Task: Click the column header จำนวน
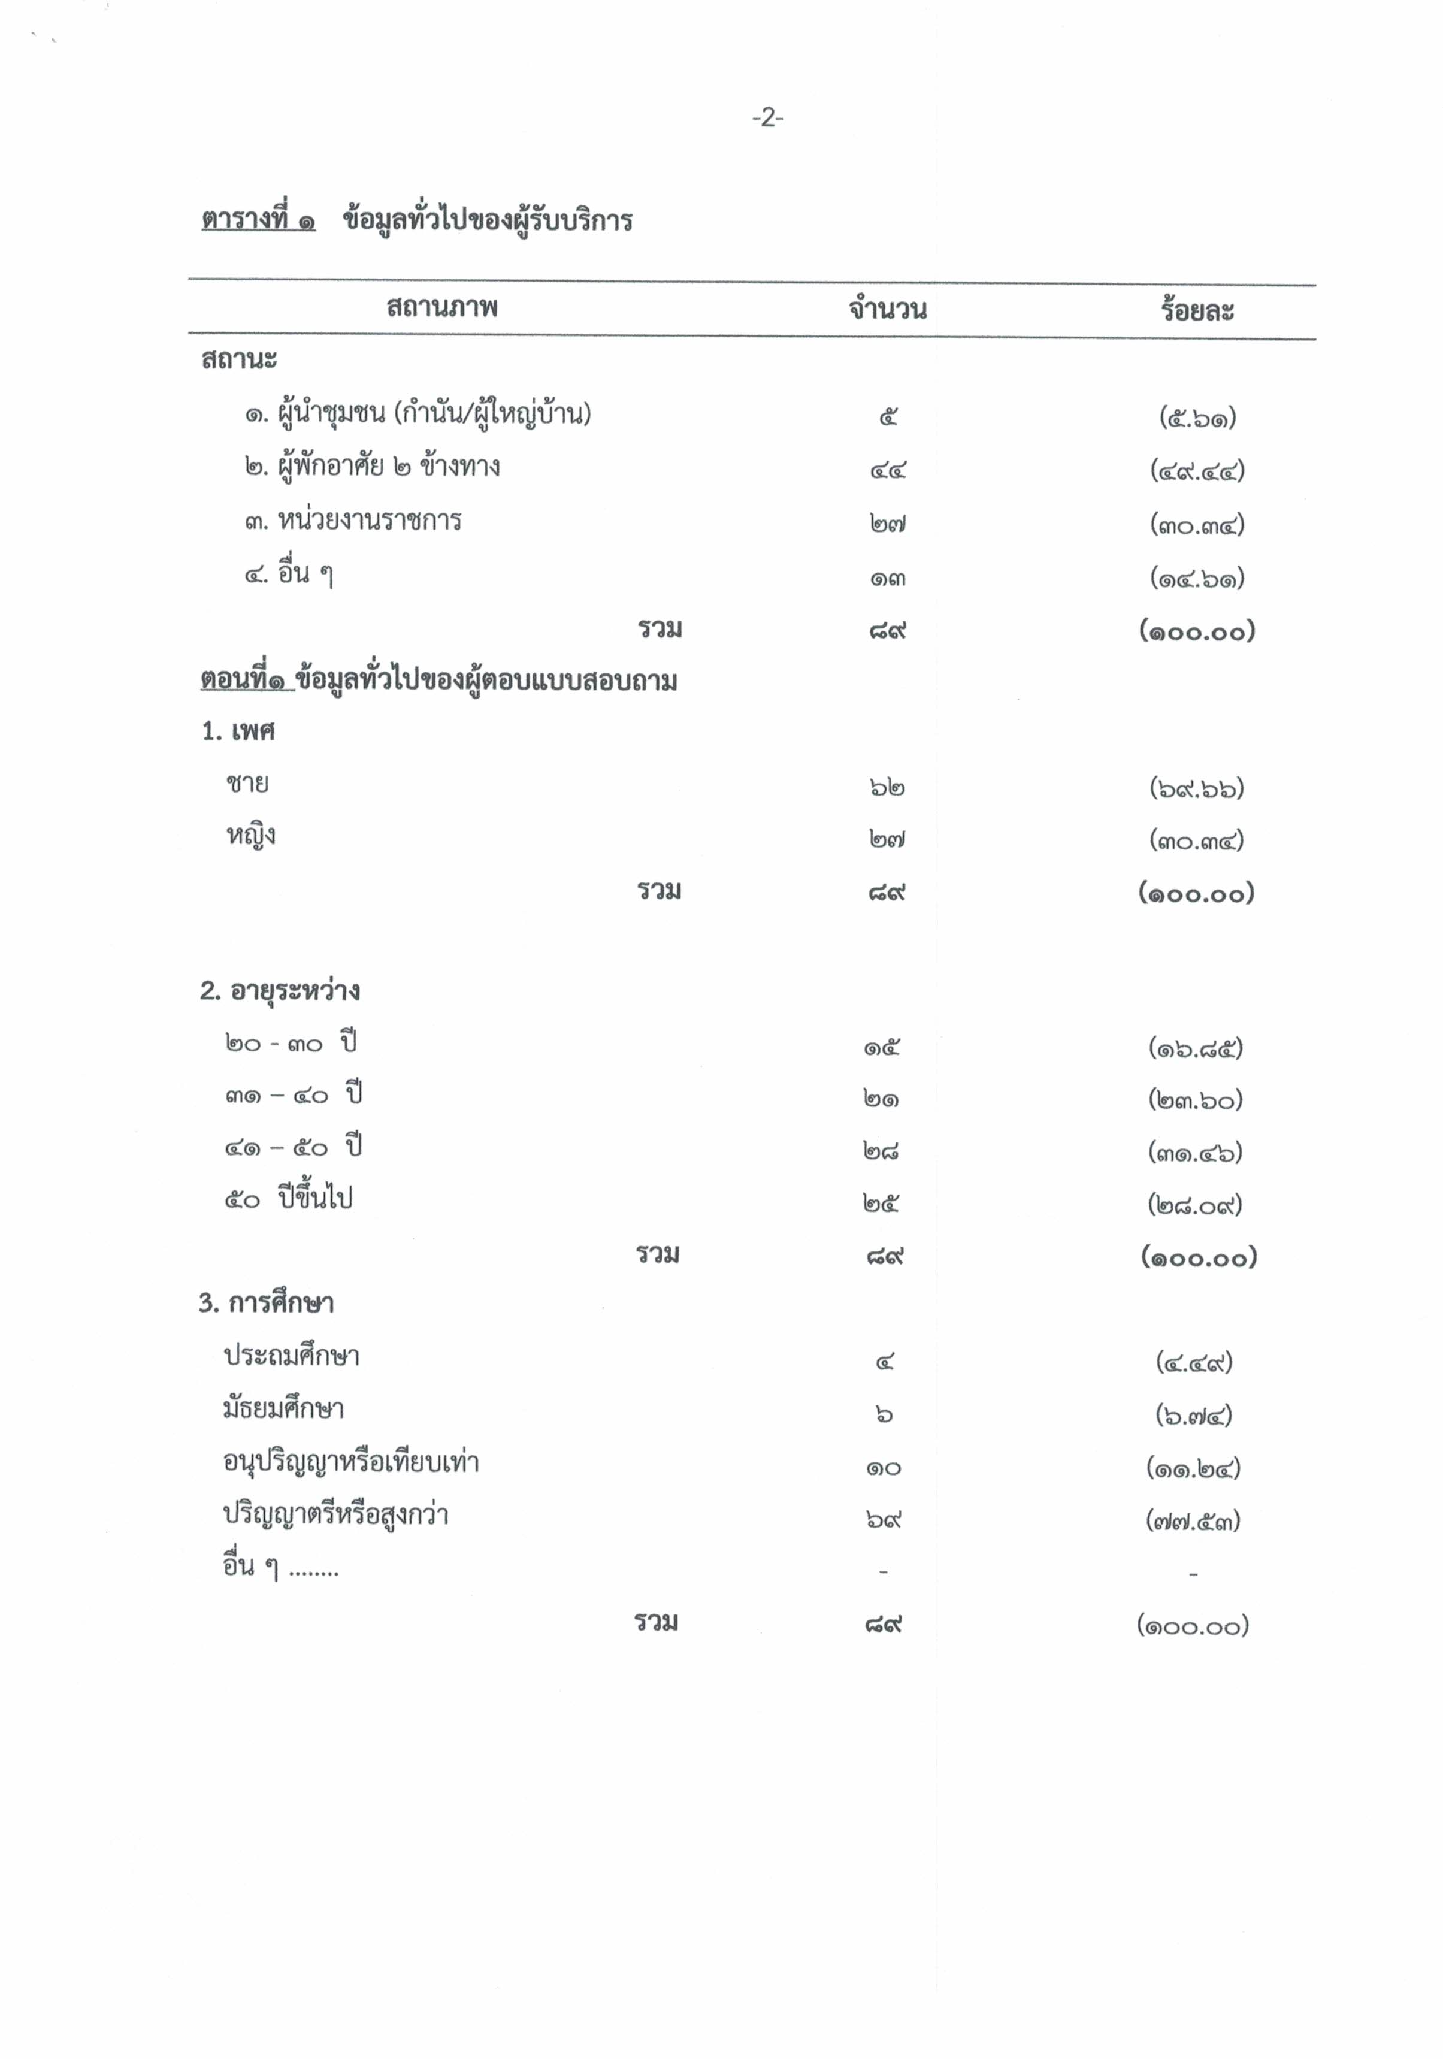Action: [887, 309]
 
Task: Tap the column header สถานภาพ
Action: [441, 307]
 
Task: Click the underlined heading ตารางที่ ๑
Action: [258, 220]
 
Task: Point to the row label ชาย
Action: [247, 784]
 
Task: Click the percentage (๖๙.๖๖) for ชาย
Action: [1196, 788]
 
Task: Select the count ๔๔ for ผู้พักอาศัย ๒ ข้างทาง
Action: [887, 470]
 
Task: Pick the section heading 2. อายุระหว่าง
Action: [280, 991]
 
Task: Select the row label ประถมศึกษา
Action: [292, 1356]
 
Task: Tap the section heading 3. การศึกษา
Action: [267, 1303]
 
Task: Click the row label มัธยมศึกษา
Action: [283, 1409]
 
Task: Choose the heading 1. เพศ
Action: [238, 731]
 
